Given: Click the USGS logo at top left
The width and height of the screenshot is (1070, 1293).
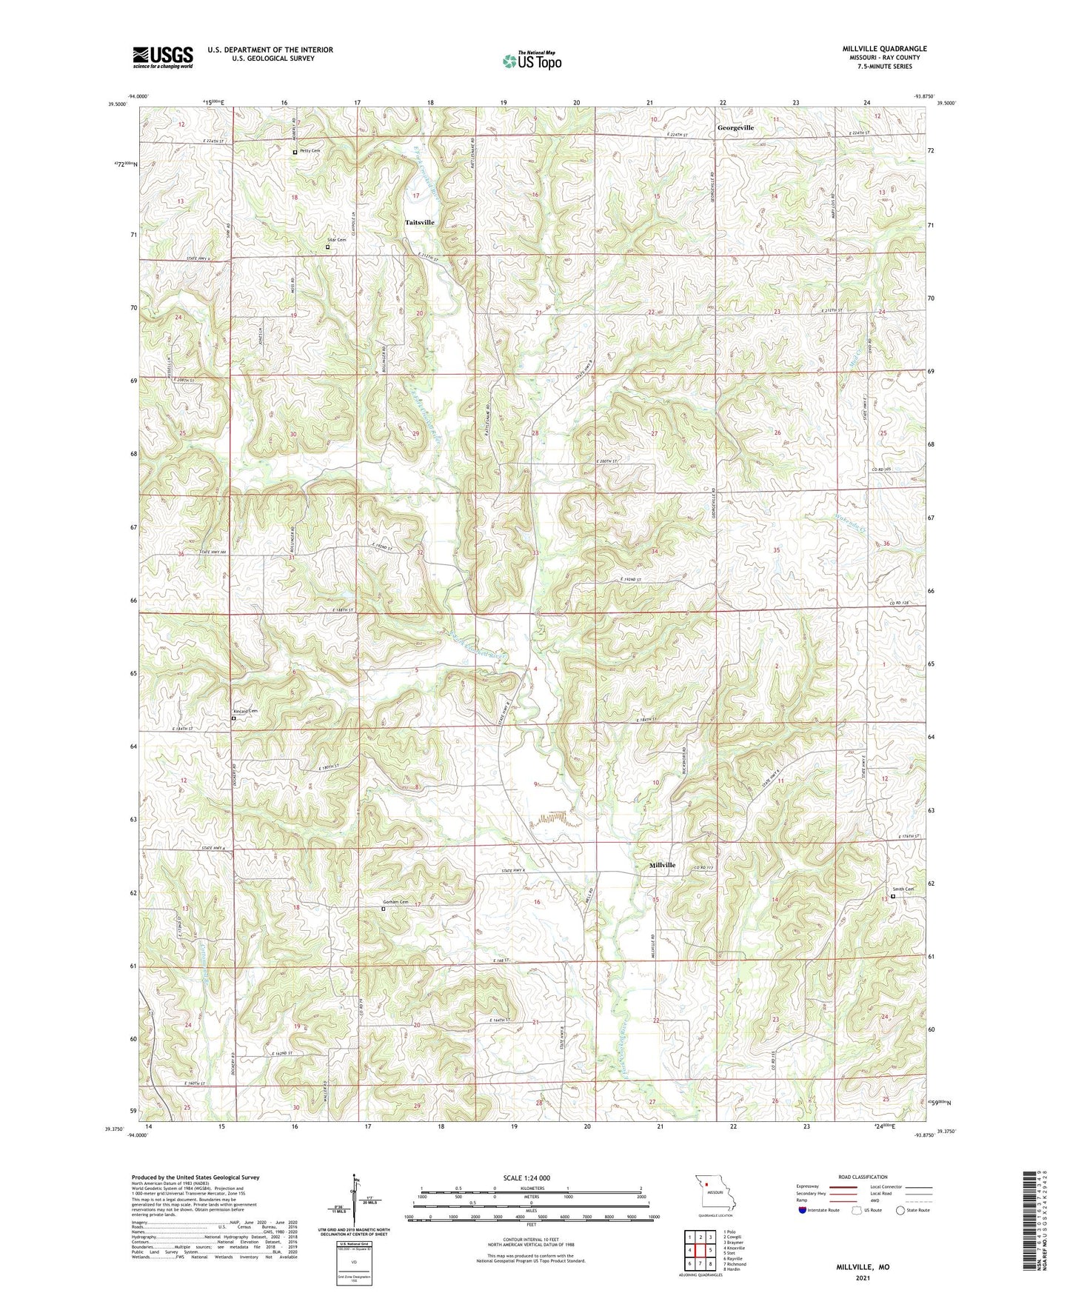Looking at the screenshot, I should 163,57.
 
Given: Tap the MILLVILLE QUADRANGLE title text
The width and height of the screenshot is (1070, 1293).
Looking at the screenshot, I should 884,49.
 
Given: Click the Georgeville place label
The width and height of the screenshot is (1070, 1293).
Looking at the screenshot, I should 735,128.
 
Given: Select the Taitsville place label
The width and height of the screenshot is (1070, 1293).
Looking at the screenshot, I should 420,222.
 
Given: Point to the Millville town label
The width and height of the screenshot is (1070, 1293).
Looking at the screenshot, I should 662,865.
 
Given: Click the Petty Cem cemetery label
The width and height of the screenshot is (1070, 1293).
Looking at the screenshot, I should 310,151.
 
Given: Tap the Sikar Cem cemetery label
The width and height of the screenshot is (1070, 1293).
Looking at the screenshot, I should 337,240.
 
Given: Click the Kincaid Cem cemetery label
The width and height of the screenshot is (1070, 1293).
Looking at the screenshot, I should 246,711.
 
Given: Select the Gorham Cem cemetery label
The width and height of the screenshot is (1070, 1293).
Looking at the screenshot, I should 395,902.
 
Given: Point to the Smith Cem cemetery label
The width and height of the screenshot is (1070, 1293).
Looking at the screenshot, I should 903,889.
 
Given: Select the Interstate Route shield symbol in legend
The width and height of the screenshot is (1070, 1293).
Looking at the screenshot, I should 803,1211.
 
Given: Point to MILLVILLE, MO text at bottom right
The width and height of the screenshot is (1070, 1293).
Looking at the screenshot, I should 863,1267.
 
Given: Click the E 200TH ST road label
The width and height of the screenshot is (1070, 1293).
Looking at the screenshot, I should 606,461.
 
